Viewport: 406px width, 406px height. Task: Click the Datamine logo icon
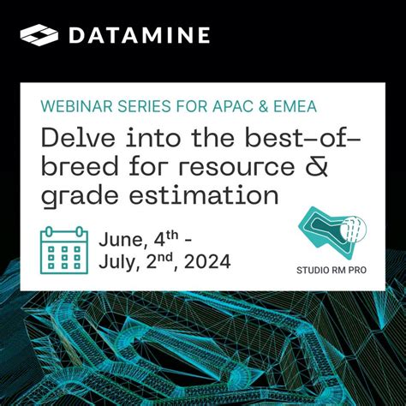[x=39, y=35]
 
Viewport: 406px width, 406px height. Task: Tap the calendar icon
[x=64, y=248]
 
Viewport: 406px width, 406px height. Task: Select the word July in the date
[x=120, y=261]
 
